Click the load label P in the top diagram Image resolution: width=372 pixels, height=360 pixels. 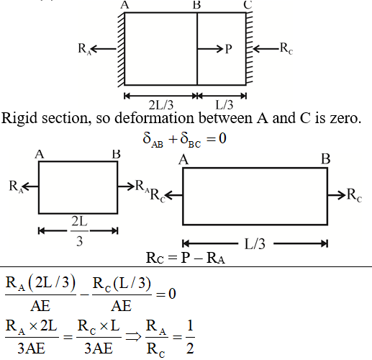coord(229,49)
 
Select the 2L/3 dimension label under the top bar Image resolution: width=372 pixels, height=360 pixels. coord(161,105)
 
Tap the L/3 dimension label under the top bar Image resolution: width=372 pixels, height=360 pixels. coord(224,105)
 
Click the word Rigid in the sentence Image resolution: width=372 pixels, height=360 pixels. coord(19,119)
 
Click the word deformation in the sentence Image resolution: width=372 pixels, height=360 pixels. coord(154,118)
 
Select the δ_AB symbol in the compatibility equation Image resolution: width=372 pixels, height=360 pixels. coord(153,140)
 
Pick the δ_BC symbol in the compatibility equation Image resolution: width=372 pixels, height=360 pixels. coord(191,140)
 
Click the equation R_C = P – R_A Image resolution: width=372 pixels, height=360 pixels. coord(186,258)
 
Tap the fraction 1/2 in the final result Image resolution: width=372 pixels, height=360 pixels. coord(190,337)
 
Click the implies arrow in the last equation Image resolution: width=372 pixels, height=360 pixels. coord(133,337)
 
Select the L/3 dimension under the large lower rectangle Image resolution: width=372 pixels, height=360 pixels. coord(255,244)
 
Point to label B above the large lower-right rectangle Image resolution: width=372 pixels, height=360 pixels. coord(326,159)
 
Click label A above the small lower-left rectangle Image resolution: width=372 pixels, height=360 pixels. coord(40,154)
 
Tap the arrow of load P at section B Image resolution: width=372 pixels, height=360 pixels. coord(210,49)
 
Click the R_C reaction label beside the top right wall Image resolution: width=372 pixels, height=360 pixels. coord(286,49)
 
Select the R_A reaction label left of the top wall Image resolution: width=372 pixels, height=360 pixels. coord(85,49)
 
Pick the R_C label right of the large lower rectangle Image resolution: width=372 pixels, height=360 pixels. coord(354,195)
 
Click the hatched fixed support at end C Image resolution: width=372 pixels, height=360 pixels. coord(250,48)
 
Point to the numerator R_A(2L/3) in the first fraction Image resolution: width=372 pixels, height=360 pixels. coord(40,284)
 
